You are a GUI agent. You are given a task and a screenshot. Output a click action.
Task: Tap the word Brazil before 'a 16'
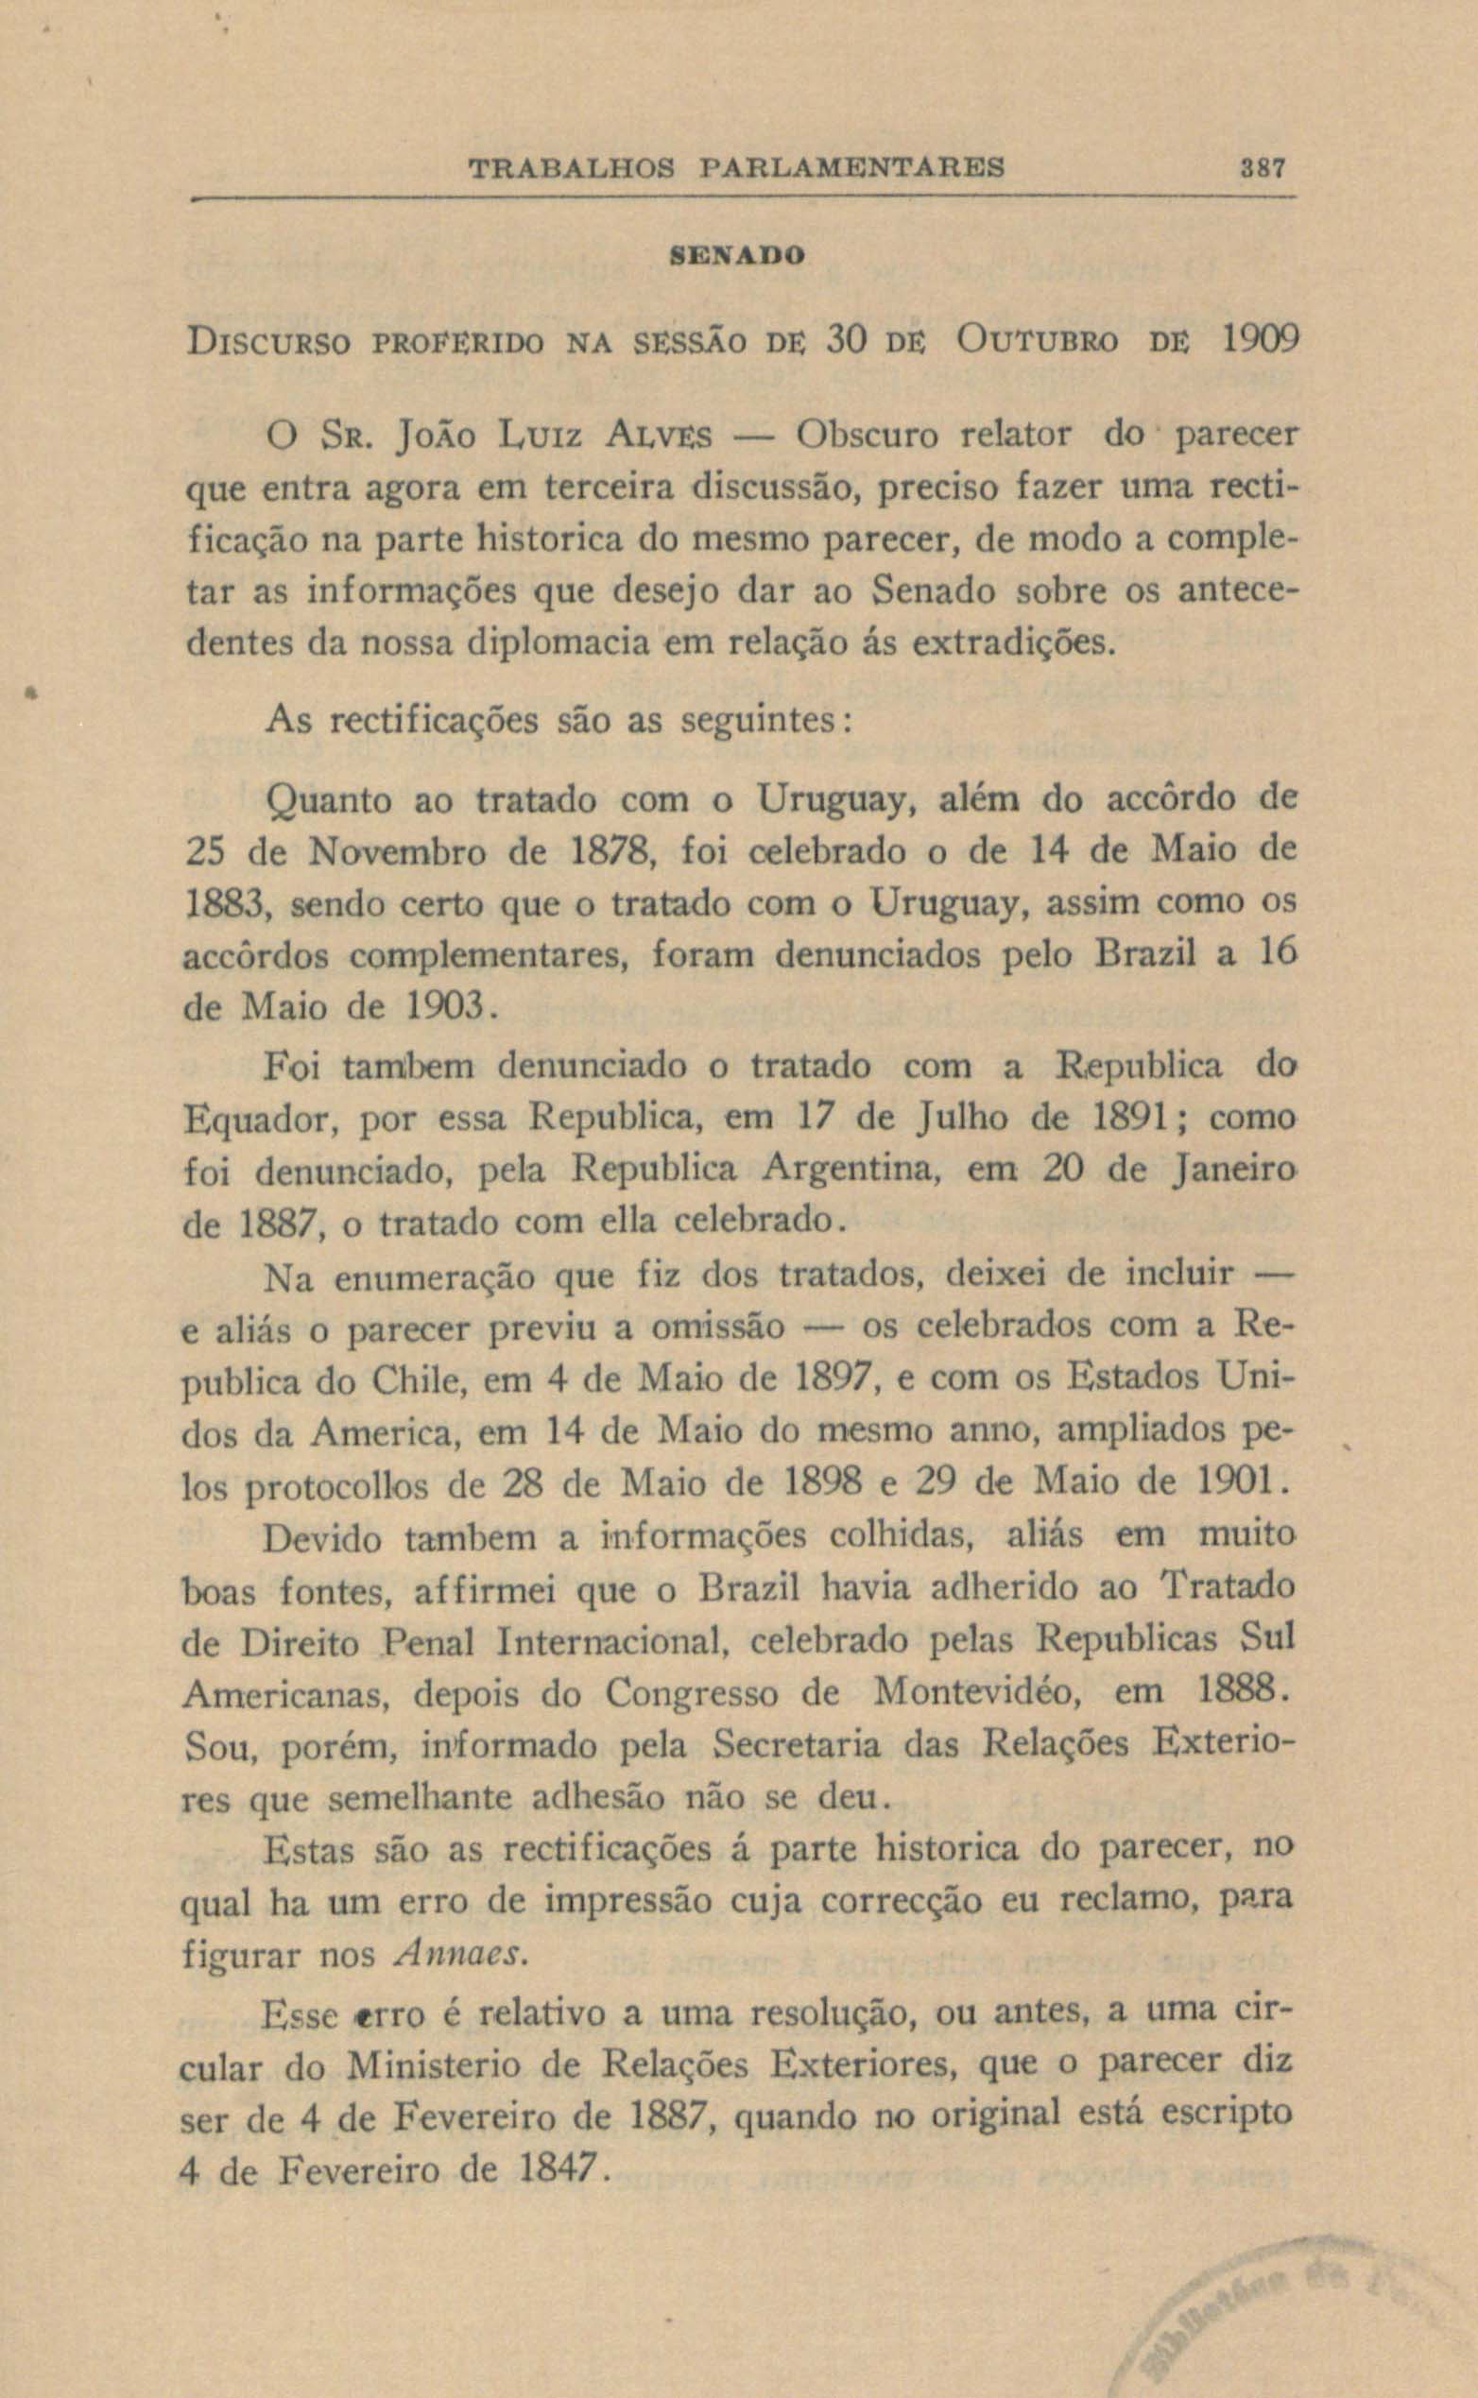pos(1145,953)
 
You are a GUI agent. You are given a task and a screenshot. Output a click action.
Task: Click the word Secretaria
pos(797,1745)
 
